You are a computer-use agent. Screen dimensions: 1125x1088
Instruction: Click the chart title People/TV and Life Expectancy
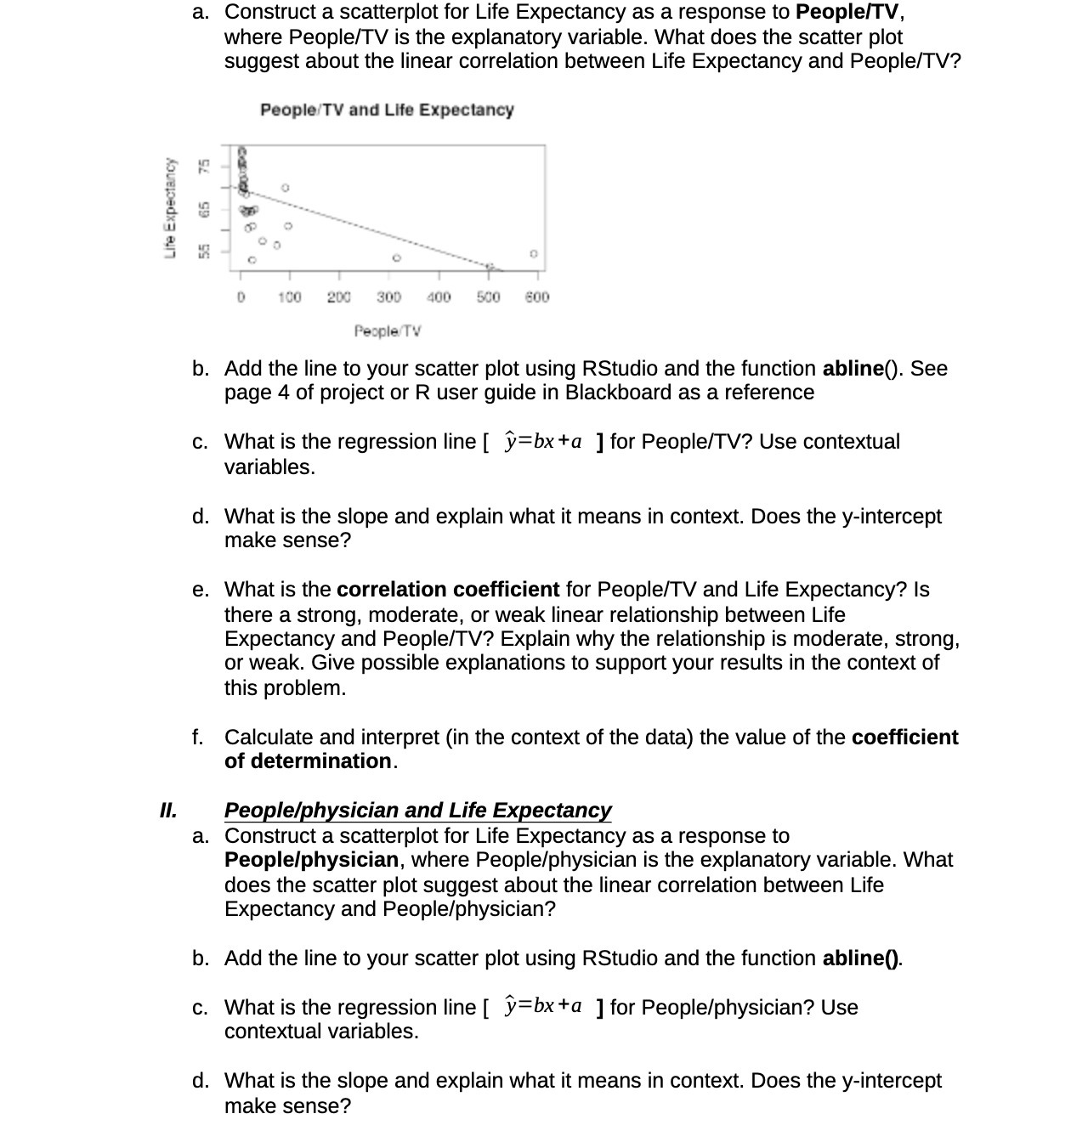(387, 110)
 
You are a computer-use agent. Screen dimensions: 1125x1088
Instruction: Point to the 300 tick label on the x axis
(388, 297)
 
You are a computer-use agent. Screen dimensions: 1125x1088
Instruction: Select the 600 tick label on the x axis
(537, 297)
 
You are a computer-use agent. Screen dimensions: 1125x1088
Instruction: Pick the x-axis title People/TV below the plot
(388, 331)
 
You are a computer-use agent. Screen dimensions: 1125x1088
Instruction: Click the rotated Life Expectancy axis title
(172, 207)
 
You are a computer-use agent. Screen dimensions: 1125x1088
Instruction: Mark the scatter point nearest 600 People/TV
(533, 253)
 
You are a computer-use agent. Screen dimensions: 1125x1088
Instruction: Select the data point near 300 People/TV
(395, 257)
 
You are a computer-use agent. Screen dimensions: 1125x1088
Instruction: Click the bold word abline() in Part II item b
(861, 958)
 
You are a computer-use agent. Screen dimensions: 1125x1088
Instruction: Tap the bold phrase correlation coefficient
(448, 590)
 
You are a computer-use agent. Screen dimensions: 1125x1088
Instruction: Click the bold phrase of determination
(308, 761)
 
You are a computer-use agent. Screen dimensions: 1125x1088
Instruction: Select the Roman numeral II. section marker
(168, 810)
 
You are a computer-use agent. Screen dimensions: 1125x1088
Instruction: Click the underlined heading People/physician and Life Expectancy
(417, 811)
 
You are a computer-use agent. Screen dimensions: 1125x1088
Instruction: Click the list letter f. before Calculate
(197, 738)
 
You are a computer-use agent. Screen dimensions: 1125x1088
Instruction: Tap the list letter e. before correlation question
(201, 590)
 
